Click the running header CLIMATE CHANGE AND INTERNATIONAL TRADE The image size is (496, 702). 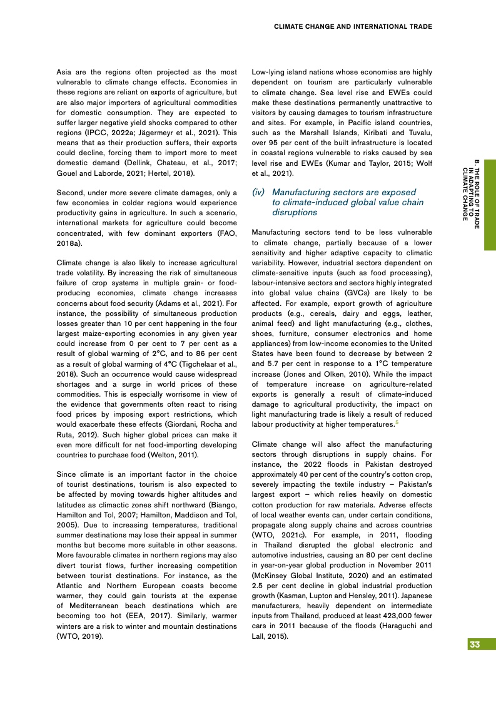(x=353, y=26)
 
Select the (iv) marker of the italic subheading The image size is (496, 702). (x=258, y=193)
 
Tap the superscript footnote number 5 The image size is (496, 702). (x=397, y=424)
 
